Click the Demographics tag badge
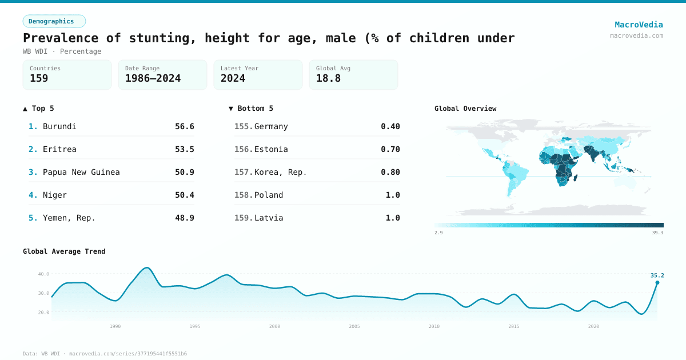pos(54,21)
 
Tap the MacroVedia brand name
pos(639,25)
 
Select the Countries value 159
pos(39,78)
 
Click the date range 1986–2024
pos(153,78)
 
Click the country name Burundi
pos(59,126)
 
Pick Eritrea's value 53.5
pos(184,149)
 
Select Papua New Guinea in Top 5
pos(81,172)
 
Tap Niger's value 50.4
pos(184,195)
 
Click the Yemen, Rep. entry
pos(69,218)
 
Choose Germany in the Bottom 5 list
pos(271,126)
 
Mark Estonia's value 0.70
pos(390,149)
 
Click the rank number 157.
pos(244,172)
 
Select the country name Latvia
pos(269,218)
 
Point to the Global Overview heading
pos(465,109)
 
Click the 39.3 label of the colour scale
pos(657,233)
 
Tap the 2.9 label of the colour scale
pos(438,233)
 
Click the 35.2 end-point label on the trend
pos(657,275)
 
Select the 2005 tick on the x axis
pos(354,326)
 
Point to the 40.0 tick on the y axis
pos(43,274)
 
